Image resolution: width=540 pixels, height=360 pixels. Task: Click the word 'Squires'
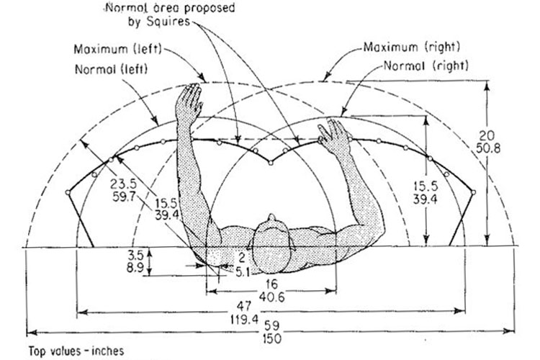(168, 22)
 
